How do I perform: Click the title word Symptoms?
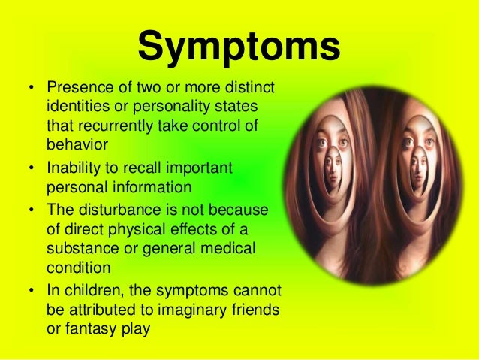pos(239,47)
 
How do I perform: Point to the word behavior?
pos(77,144)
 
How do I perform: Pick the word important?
pos(200,168)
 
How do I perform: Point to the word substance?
pos(83,248)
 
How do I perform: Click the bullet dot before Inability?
pos(31,168)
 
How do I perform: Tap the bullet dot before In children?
pos(31,290)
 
